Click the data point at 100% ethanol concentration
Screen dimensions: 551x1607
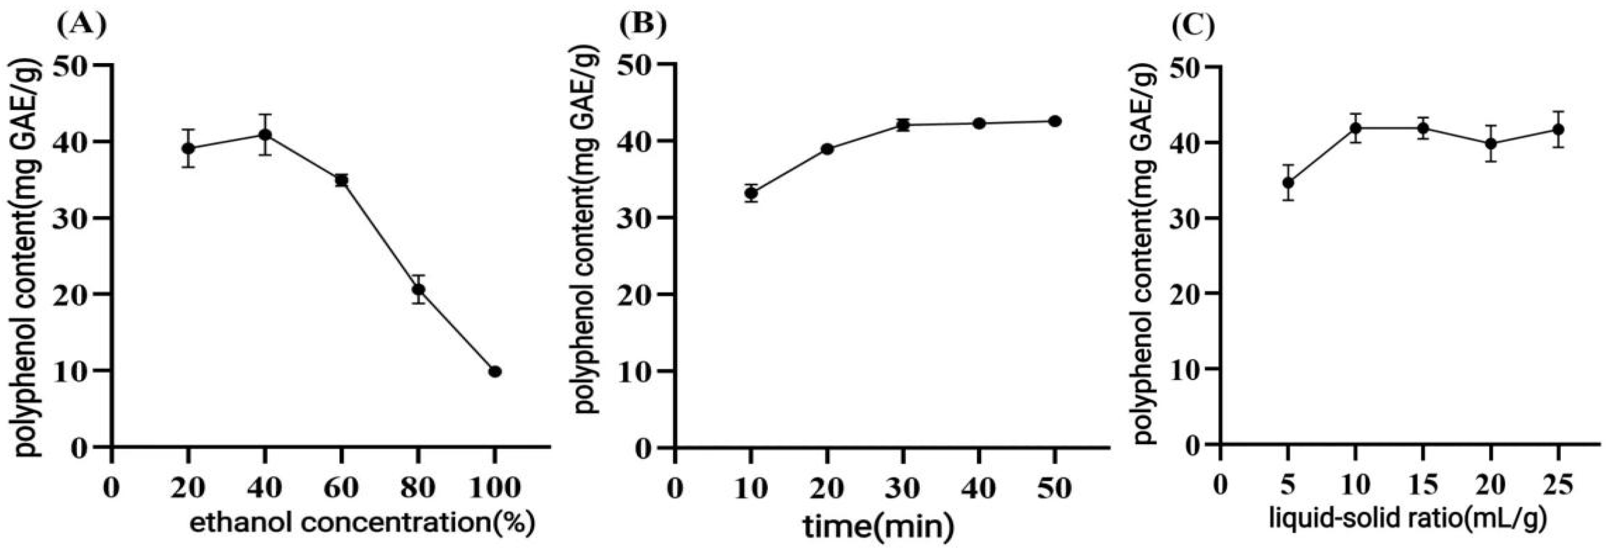point(496,371)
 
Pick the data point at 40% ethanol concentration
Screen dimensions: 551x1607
point(265,135)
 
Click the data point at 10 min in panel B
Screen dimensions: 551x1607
point(751,193)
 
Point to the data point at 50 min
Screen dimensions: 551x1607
point(1055,121)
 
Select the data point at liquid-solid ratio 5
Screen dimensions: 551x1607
point(1287,183)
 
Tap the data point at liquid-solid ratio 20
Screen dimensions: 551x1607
point(1491,144)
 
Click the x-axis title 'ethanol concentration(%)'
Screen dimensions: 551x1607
point(362,524)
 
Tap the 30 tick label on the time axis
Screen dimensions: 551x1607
point(903,489)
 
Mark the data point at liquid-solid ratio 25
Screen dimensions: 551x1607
point(1558,130)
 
